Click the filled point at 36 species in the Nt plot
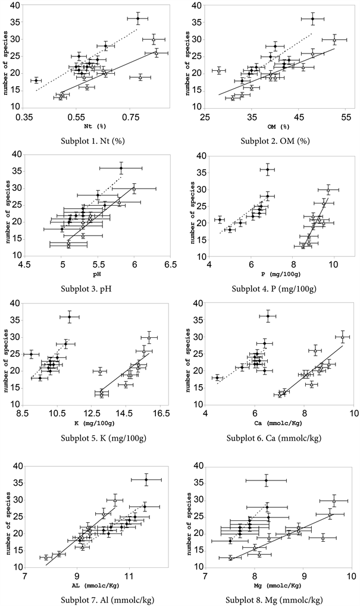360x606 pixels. tap(137, 18)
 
